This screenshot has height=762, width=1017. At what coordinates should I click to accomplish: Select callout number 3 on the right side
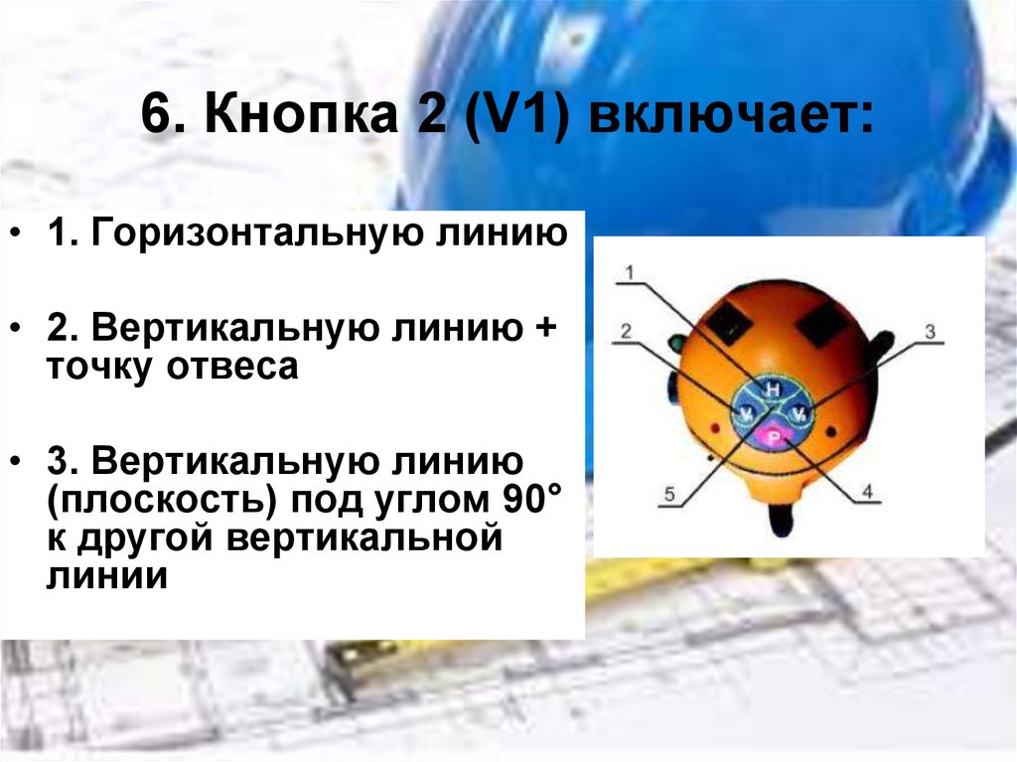coord(931,332)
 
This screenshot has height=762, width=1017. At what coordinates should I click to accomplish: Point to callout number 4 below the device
coord(866,491)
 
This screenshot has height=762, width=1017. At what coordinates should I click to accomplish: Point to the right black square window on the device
coord(820,321)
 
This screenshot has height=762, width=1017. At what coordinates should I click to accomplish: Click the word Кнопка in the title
coord(289,118)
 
